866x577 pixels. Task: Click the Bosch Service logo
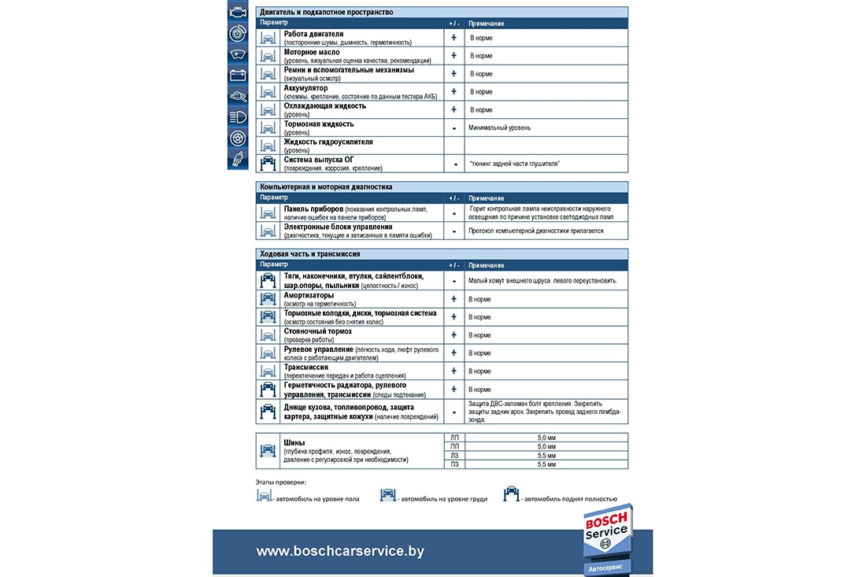pos(607,533)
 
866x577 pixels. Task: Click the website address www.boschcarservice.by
pos(340,551)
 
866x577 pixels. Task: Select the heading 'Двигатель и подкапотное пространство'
pos(327,13)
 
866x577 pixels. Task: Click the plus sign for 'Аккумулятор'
pos(453,91)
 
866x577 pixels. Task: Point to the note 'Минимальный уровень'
pos(499,128)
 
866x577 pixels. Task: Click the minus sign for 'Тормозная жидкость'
pos(454,128)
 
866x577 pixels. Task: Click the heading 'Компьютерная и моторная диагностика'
pos(326,187)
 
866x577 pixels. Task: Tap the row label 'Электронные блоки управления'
pos(338,227)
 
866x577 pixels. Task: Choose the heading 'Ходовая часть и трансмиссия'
pos(310,254)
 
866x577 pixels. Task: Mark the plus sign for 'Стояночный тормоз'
pos(453,335)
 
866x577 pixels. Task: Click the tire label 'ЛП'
pos(453,437)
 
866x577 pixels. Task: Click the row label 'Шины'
pos(294,442)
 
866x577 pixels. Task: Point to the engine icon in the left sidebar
pos(237,13)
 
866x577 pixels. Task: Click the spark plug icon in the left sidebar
pos(237,160)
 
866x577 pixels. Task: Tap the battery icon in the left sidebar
pos(237,76)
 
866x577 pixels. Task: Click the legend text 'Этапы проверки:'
pos(281,482)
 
